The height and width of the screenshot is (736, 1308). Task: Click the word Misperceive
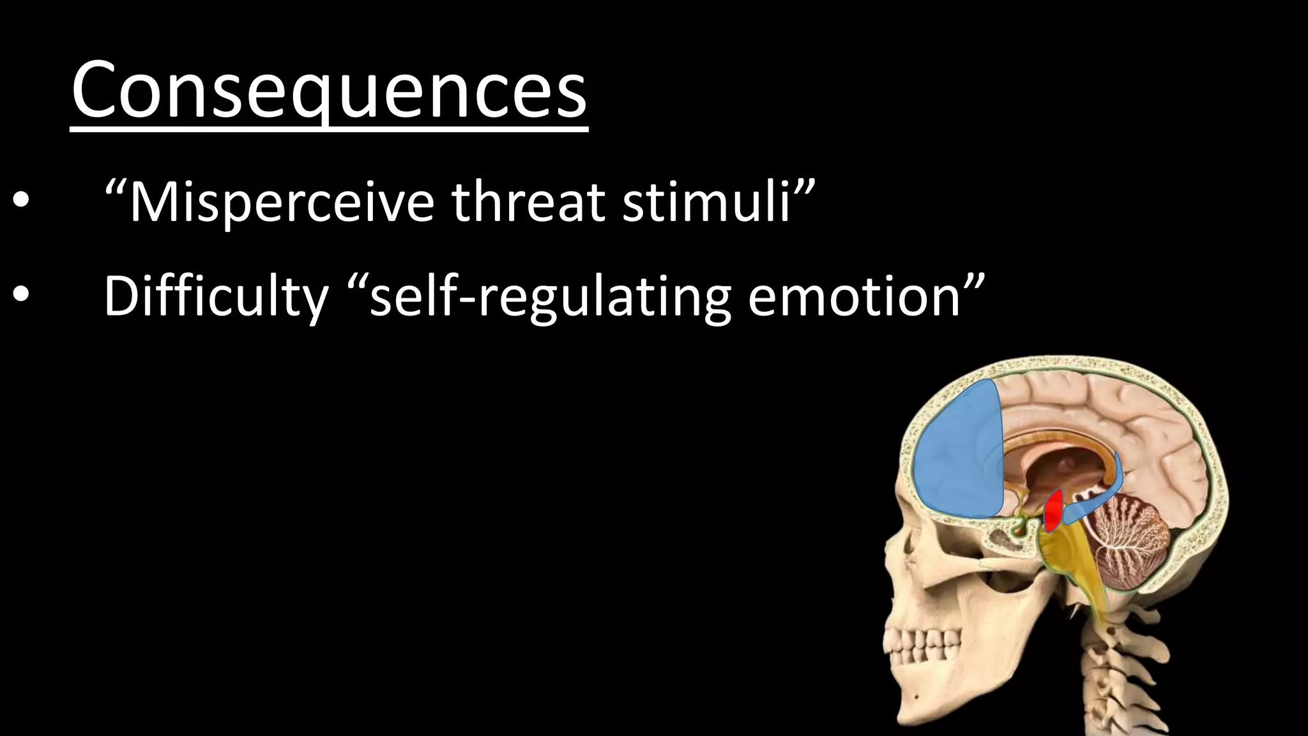282,203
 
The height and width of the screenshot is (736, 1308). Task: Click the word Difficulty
215,296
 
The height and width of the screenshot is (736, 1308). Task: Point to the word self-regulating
550,296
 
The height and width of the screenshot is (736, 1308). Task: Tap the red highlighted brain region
1053,510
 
